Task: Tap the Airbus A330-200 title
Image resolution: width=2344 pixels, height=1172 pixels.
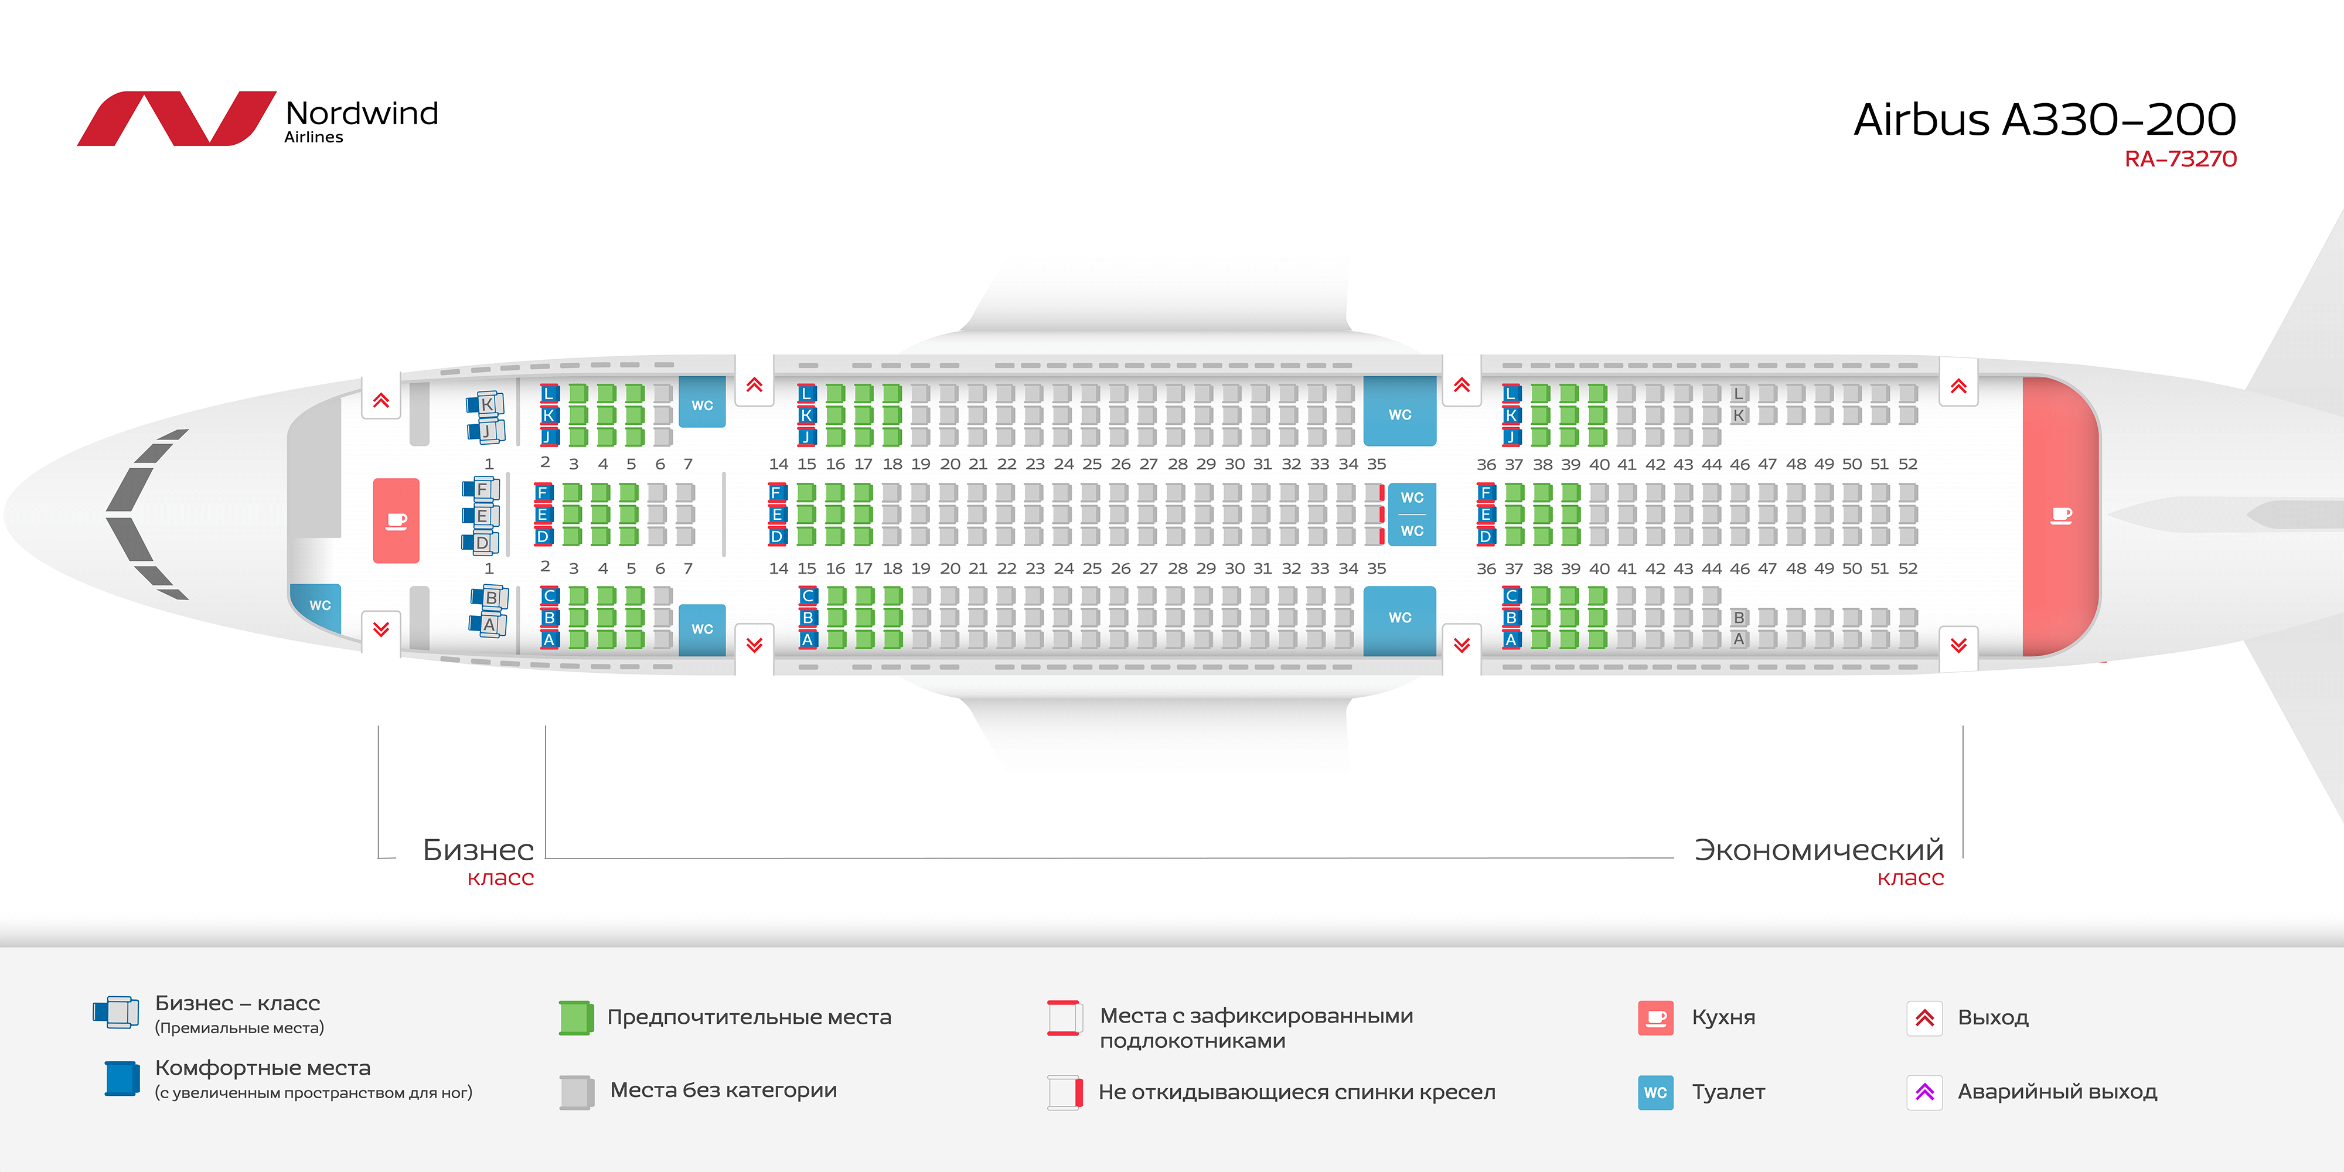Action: coord(2045,119)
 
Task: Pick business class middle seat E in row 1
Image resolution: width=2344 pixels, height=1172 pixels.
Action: coord(481,516)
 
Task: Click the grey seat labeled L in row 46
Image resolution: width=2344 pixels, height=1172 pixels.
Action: coord(1738,394)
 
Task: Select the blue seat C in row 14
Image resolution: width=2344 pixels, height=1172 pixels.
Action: coord(807,596)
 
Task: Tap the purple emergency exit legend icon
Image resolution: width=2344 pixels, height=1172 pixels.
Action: coord(1924,1092)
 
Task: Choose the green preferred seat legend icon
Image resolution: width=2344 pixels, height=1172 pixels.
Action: coord(576,1017)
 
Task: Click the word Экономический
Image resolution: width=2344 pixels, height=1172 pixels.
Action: coord(1819,850)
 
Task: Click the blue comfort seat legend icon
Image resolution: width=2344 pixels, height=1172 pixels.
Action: coord(122,1079)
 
